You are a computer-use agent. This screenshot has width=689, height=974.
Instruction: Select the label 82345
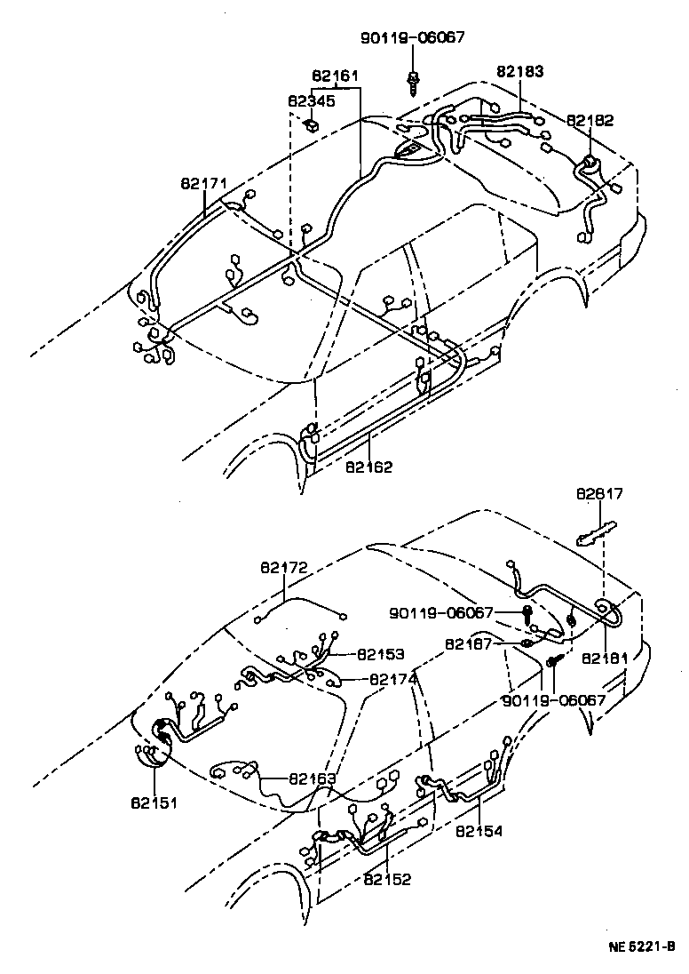tap(311, 101)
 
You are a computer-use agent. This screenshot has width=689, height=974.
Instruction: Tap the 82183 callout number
tap(520, 71)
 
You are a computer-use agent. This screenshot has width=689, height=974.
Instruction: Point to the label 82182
tap(590, 119)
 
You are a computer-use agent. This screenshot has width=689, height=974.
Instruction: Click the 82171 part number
tap(204, 184)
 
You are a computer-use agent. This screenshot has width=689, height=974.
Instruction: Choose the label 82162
tap(369, 466)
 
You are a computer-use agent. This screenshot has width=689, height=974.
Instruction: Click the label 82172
tap(284, 566)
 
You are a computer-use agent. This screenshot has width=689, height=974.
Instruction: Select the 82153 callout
tap(381, 654)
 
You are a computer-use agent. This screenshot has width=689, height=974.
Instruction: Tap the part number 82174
tap(393, 680)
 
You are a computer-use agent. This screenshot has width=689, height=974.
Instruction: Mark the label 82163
tap(312, 779)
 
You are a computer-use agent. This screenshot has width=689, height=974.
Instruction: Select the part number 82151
tap(154, 802)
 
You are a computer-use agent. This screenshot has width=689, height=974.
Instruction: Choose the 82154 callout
tap(479, 832)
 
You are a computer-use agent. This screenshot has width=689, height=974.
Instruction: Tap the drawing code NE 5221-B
tap(641, 946)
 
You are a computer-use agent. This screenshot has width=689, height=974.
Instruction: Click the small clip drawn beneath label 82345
tap(311, 124)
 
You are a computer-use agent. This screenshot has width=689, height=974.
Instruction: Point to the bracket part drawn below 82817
tap(592, 537)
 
